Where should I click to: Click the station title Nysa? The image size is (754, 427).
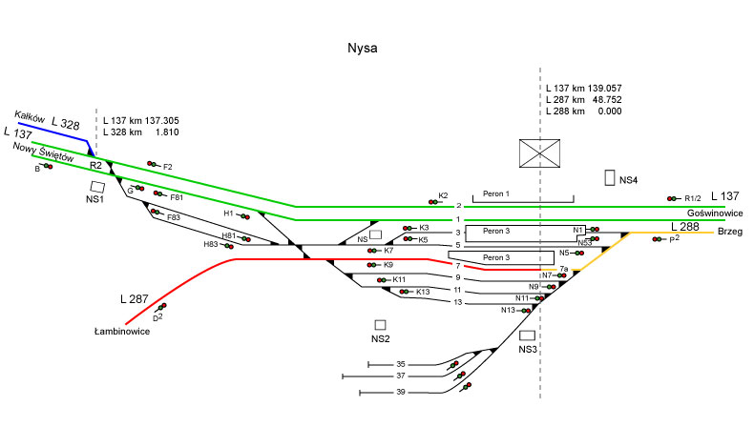click(x=362, y=49)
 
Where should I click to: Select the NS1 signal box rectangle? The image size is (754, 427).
click(x=97, y=189)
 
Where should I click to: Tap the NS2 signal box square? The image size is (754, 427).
click(x=381, y=325)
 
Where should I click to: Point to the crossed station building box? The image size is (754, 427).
click(x=539, y=153)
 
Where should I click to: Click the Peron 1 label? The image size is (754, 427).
click(x=496, y=193)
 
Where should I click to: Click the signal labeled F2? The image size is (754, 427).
click(x=152, y=164)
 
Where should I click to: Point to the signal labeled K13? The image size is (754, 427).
click(x=407, y=291)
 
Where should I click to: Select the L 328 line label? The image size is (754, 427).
click(x=66, y=124)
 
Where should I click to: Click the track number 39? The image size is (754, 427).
click(x=402, y=393)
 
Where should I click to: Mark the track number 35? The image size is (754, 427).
click(x=402, y=364)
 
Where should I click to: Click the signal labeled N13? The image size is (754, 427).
click(x=525, y=310)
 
